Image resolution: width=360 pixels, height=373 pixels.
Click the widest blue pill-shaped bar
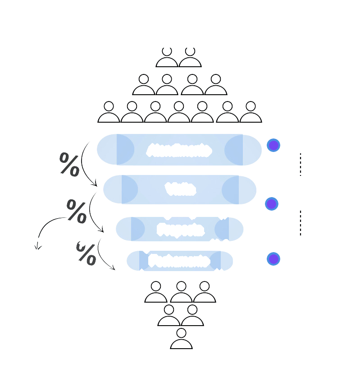[x=179, y=150]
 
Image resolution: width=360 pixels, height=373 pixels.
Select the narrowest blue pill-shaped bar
[x=179, y=261]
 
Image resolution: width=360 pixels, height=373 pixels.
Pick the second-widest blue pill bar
[x=180, y=189]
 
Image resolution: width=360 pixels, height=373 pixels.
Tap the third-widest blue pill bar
[x=179, y=229]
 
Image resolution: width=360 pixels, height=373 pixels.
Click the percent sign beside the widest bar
[x=69, y=164]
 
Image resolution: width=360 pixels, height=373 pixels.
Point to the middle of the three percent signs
[x=76, y=211]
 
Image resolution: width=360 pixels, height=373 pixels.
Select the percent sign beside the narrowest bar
[x=86, y=253]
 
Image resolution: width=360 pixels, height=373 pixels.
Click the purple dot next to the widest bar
[x=273, y=145]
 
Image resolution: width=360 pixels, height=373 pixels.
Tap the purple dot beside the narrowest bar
[x=273, y=259]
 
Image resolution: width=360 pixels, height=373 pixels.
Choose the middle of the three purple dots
[x=271, y=204]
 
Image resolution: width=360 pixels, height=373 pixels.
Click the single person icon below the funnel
[x=181, y=340]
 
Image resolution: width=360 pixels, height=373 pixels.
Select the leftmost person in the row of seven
[x=109, y=113]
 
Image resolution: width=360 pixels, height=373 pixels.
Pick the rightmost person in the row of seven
[x=251, y=113]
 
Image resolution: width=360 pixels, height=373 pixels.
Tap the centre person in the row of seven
[x=179, y=113]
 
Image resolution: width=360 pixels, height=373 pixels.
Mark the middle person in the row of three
[x=181, y=292]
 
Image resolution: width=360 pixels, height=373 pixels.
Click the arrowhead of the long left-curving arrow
[x=38, y=246]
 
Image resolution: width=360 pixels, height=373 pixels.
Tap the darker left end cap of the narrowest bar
[x=143, y=261]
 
